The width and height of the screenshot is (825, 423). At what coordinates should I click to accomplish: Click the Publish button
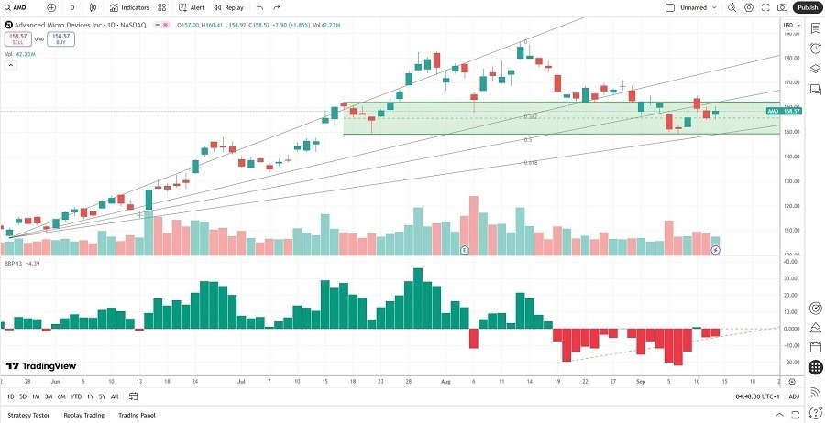[x=807, y=7]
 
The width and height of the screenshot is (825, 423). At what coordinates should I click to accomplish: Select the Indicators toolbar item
[x=129, y=7]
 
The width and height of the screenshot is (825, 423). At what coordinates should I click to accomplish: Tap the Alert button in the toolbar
[x=192, y=7]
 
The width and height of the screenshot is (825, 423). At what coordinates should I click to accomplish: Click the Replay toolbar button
[x=230, y=7]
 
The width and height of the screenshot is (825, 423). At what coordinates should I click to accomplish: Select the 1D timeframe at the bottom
[x=10, y=396]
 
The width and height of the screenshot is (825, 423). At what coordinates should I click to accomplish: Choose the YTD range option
[x=75, y=396]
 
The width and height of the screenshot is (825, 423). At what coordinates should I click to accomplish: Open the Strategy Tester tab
[x=29, y=415]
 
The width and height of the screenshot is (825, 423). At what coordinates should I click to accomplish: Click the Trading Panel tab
[x=137, y=415]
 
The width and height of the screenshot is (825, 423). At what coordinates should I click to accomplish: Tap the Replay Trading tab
[x=83, y=415]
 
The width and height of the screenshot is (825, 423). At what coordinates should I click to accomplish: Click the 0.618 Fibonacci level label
[x=531, y=162]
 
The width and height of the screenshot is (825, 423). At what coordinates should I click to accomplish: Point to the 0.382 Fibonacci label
[x=530, y=117]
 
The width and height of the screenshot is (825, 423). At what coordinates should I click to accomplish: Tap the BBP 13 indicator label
[x=15, y=264]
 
